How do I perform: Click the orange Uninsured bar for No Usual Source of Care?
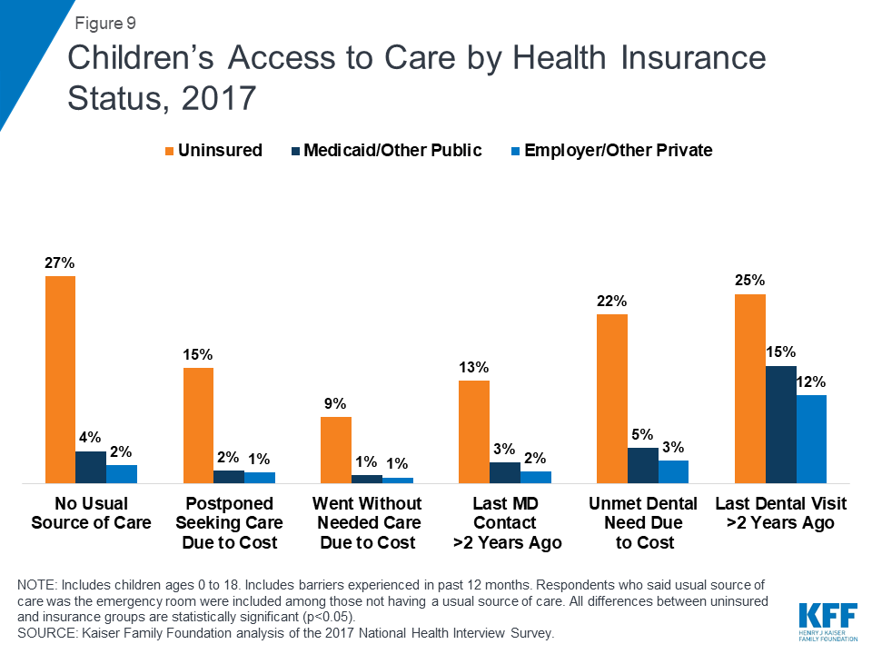(x=60, y=379)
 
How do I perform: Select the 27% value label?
(x=60, y=263)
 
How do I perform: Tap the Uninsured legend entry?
(x=216, y=150)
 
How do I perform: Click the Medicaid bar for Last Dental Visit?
(x=780, y=424)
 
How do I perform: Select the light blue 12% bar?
(x=811, y=439)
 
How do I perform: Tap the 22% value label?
(x=611, y=301)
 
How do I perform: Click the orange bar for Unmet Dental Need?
(x=611, y=399)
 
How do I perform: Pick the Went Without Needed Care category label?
(x=367, y=523)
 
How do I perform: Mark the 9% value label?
(x=335, y=403)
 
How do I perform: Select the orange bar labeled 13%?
(x=474, y=431)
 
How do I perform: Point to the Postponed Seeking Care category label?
(x=229, y=523)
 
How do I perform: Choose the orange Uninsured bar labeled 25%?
(x=749, y=388)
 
